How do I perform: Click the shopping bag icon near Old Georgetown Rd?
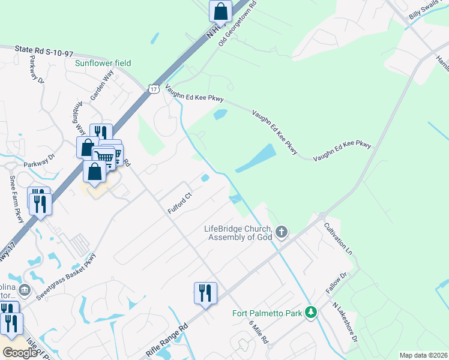[x=220, y=11]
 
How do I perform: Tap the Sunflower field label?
[x=103, y=63]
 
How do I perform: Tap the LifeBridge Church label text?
[x=238, y=232]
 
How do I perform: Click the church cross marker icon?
[x=282, y=232]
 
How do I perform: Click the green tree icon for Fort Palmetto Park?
[x=311, y=313]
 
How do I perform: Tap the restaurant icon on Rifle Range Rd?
[x=205, y=293]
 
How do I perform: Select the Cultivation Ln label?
[x=338, y=238]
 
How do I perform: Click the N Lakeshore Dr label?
[x=345, y=322]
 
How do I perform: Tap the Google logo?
[x=20, y=353]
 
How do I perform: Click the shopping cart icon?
[x=104, y=158]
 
